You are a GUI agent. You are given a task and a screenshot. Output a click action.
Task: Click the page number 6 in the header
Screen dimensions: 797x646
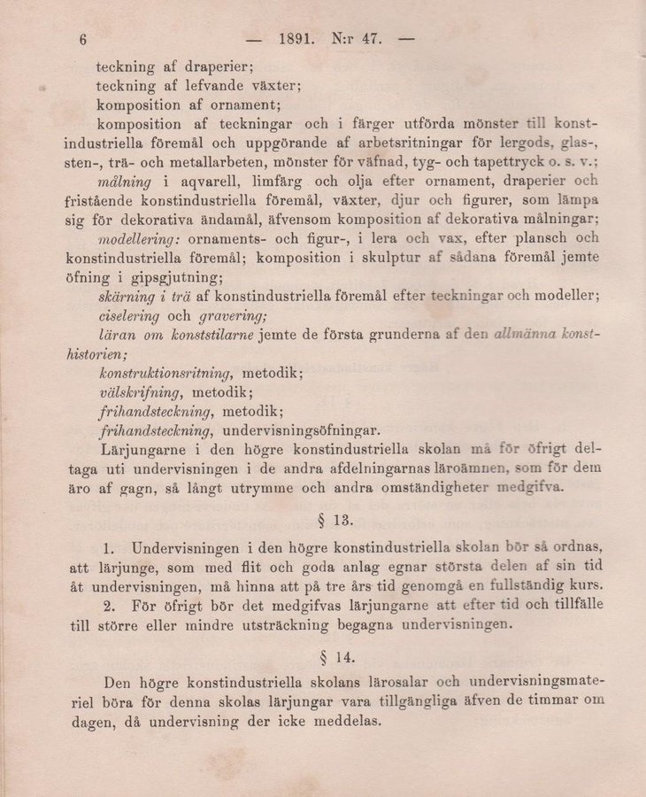[x=84, y=39]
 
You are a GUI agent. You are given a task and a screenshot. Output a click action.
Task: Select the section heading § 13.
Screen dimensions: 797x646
[x=329, y=517]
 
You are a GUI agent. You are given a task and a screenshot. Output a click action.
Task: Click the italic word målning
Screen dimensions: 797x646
[x=127, y=181]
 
